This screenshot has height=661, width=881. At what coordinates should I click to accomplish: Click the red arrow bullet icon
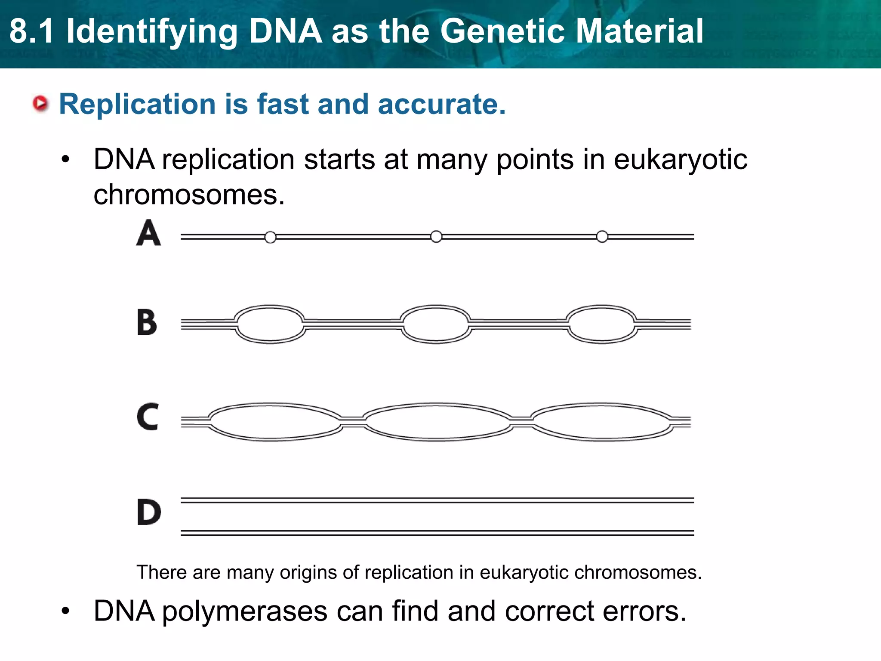41,104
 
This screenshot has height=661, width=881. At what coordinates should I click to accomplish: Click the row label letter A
148,233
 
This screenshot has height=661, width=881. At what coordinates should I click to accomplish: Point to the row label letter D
149,512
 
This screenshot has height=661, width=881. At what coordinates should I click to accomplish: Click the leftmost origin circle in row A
270,237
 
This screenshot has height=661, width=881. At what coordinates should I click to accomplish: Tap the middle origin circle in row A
436,237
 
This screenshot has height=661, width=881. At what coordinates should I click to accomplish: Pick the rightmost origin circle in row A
602,237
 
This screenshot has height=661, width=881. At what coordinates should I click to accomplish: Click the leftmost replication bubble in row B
270,324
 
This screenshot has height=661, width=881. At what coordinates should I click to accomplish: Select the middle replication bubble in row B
436,324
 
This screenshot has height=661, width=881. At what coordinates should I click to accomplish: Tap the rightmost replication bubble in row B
601,324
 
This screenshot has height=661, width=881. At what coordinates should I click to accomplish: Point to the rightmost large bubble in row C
601,422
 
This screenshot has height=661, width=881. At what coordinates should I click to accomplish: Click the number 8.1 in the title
32,31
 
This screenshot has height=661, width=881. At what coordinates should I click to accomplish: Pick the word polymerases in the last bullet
244,611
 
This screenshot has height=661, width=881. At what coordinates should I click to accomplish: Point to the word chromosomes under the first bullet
189,195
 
